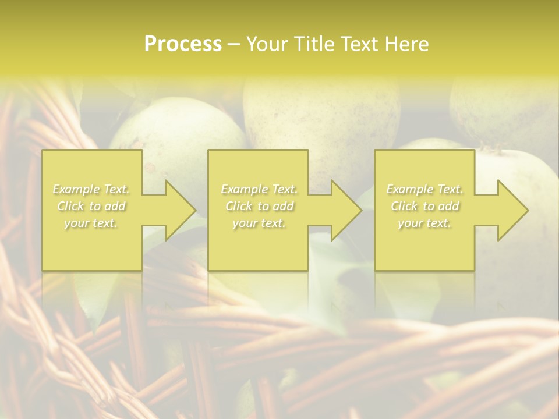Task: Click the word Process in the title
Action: tap(183, 44)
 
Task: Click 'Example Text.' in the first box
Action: tap(91, 189)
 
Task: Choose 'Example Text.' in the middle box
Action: tap(259, 189)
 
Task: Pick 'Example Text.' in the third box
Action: tap(424, 189)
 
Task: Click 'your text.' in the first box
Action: tap(91, 223)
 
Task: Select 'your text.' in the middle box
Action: tap(259, 223)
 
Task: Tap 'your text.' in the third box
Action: tap(424, 223)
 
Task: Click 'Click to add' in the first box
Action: tap(91, 206)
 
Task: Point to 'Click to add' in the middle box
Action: tap(259, 206)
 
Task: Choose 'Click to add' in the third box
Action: tap(424, 206)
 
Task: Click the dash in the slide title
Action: tap(234, 44)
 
